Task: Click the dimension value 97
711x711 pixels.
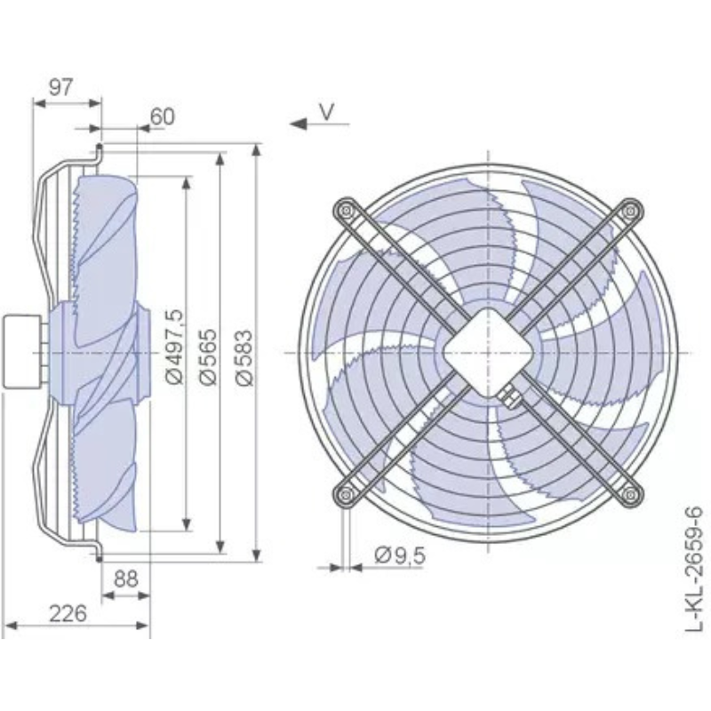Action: (60, 86)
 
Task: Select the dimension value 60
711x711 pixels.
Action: (162, 116)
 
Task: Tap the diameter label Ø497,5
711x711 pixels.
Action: (174, 347)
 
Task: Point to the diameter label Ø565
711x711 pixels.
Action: (209, 357)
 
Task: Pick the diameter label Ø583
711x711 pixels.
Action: (244, 357)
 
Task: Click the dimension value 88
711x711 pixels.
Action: (125, 579)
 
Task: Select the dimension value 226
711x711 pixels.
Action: (68, 614)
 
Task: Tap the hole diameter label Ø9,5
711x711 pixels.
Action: (401, 555)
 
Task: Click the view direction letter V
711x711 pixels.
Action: (326, 112)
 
